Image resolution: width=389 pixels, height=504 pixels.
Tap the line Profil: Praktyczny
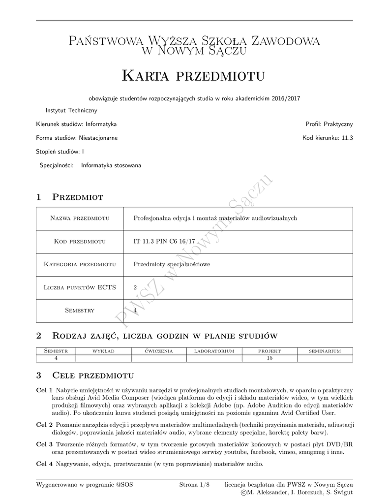coord(329,124)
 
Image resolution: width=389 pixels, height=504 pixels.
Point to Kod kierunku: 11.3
coord(328,138)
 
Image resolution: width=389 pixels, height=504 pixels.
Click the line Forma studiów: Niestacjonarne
coord(77,138)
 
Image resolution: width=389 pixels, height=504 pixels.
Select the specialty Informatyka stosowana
coord(111,165)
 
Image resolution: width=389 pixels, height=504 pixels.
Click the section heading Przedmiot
coord(77,197)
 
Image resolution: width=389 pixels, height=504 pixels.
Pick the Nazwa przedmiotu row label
coord(80,218)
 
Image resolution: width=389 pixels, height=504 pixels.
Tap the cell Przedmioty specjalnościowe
coord(172,264)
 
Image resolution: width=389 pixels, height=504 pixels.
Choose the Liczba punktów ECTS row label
coord(80,287)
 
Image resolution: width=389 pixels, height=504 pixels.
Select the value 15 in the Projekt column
coord(269,358)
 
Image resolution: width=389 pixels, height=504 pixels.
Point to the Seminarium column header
coord(325,351)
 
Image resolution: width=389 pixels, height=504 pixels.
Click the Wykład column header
coord(103,351)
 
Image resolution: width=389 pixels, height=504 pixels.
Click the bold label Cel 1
coord(44,390)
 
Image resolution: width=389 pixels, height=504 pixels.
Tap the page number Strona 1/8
coord(195,485)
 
